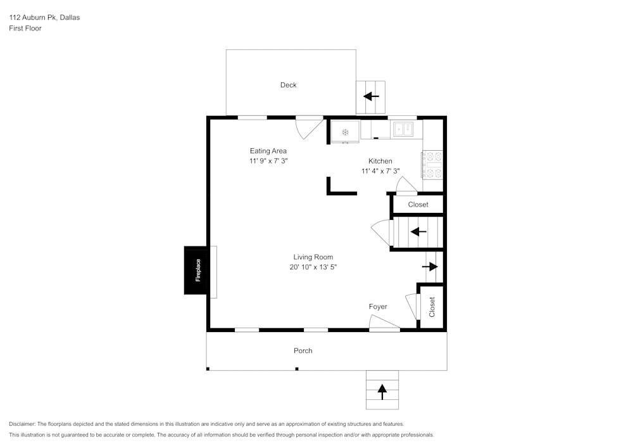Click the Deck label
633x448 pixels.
click(x=288, y=85)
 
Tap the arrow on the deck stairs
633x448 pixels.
click(x=371, y=97)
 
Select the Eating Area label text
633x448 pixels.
click(x=268, y=151)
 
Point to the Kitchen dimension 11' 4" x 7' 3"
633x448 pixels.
click(x=380, y=171)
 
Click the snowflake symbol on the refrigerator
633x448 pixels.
click(x=346, y=132)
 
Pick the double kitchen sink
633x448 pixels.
click(x=403, y=130)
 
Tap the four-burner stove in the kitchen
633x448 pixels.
click(x=432, y=165)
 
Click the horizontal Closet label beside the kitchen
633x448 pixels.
click(x=418, y=205)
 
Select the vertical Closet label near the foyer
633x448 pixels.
click(x=432, y=307)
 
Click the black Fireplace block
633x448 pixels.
click(x=197, y=271)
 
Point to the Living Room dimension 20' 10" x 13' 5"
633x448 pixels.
click(x=313, y=267)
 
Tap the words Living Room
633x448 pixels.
click(x=313, y=257)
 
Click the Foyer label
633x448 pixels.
click(x=378, y=307)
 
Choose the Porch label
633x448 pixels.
click(x=303, y=350)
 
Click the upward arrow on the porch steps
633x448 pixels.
click(x=382, y=391)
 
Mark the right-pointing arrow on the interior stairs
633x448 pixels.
click(x=430, y=267)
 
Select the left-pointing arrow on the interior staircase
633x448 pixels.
click(x=418, y=231)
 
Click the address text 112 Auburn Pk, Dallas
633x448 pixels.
click(x=44, y=18)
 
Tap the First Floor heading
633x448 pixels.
click(x=25, y=29)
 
